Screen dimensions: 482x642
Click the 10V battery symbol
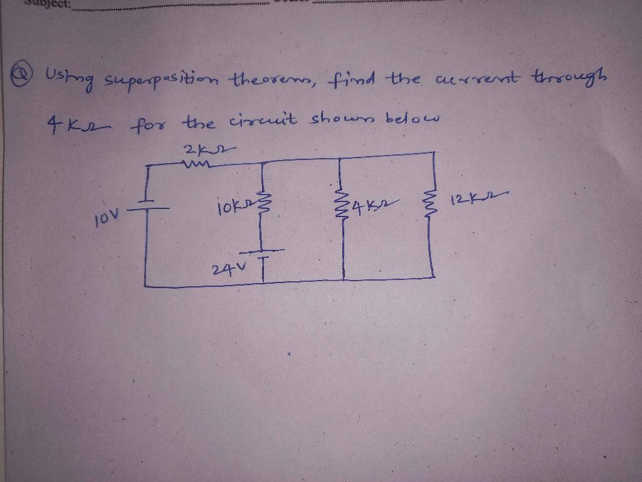click(149, 210)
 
